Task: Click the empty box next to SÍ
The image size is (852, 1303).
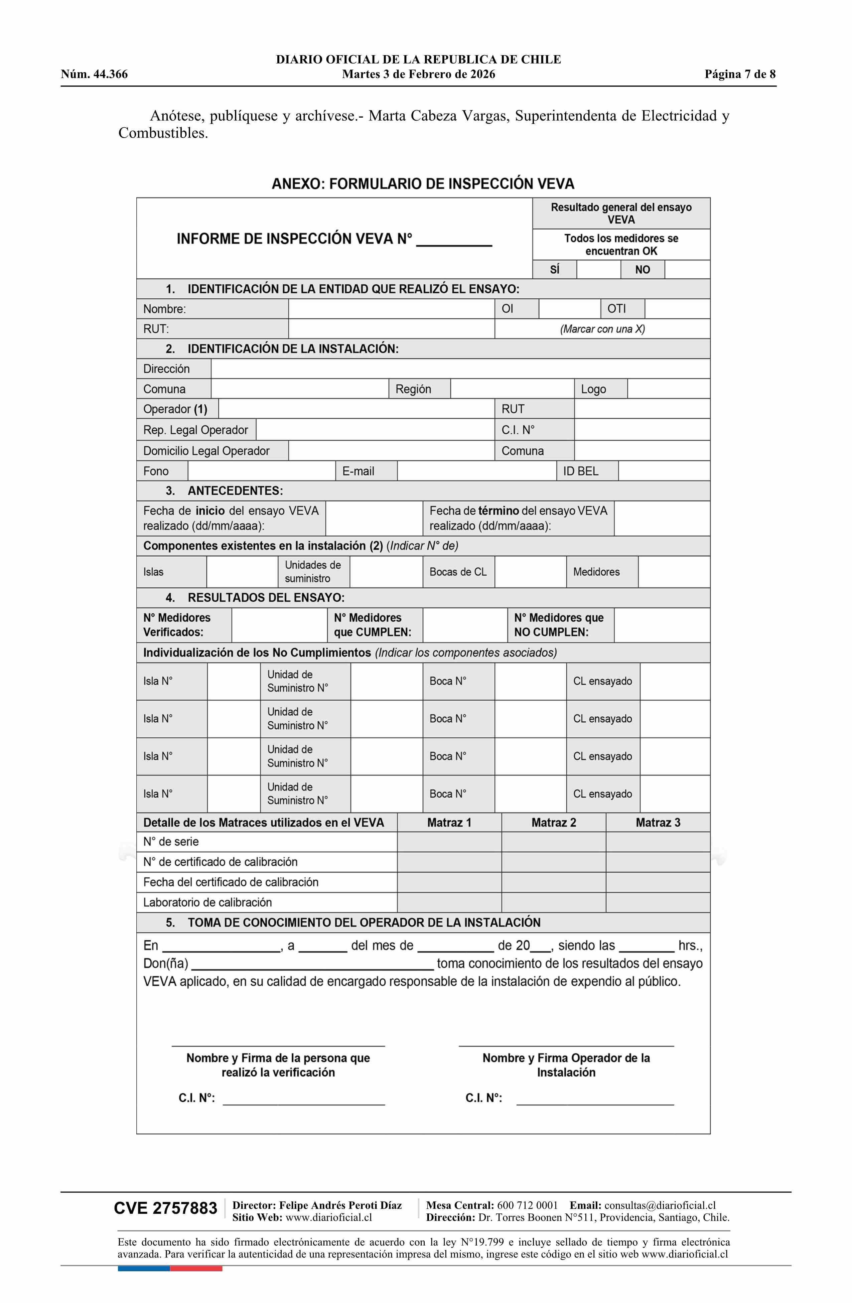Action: click(x=598, y=269)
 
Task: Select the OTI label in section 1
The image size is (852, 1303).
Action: click(x=616, y=309)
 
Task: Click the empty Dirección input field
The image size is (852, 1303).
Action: click(x=460, y=369)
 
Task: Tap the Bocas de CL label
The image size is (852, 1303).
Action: click(x=458, y=572)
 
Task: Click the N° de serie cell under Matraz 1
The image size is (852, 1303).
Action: click(x=449, y=842)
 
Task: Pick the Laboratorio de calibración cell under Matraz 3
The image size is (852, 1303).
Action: click(x=658, y=902)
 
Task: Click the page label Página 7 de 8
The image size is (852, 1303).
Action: click(x=740, y=75)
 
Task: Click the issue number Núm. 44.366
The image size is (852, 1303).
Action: click(x=94, y=75)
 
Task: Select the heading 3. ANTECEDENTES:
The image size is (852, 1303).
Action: click(x=225, y=490)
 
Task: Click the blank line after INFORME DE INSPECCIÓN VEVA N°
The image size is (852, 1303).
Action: click(x=454, y=241)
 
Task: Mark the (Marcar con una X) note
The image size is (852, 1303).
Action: click(x=602, y=329)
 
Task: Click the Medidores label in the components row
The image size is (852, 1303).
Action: click(x=596, y=572)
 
